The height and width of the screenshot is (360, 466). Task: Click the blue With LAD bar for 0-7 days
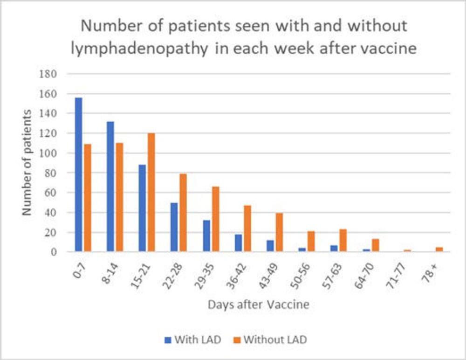(x=78, y=175)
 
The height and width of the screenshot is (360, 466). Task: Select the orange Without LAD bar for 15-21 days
(x=151, y=193)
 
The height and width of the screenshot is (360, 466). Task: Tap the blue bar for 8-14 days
(x=110, y=187)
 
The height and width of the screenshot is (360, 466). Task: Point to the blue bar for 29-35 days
(x=206, y=236)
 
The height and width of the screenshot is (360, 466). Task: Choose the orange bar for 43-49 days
(x=279, y=232)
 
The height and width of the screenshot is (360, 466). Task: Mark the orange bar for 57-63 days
(x=343, y=241)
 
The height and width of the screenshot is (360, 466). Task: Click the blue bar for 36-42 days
(x=238, y=243)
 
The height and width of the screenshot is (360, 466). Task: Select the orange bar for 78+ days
(x=439, y=249)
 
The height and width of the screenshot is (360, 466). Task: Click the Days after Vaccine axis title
(x=258, y=305)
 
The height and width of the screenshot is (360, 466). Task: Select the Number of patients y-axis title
(x=27, y=163)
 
